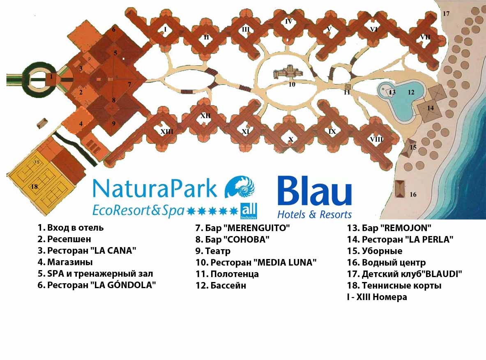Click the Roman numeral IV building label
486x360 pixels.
tap(288, 22)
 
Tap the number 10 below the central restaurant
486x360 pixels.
tap(292, 84)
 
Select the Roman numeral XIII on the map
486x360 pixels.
tap(167, 132)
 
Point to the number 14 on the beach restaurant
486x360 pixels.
tap(430, 108)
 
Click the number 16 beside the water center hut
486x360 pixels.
tap(413, 195)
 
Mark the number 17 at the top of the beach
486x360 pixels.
tap(446, 14)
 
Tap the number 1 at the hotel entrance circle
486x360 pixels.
tap(51, 76)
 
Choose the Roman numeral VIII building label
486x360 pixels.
tap(377, 140)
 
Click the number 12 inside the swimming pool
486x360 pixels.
tap(411, 92)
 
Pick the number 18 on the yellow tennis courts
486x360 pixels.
tap(35, 186)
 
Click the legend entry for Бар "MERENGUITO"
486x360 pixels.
tap(243, 228)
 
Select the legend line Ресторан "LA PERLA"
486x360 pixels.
tap(400, 239)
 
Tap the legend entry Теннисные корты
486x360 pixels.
tap(394, 285)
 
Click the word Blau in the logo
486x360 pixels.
tap(315, 190)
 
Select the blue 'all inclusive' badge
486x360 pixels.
tap(249, 211)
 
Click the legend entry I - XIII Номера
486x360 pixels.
tap(377, 297)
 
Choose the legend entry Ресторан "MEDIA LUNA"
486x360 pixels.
tap(256, 262)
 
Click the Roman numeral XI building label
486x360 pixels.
tap(246, 132)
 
